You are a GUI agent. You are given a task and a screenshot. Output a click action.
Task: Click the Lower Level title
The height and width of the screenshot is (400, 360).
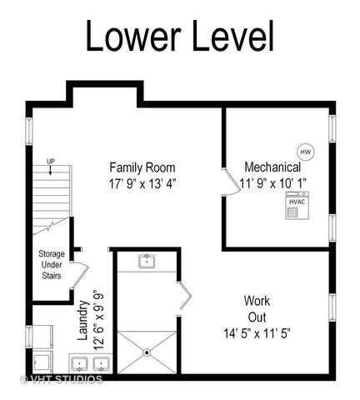coord(180,36)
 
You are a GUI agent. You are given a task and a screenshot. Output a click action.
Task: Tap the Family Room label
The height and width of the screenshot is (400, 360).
coord(142,167)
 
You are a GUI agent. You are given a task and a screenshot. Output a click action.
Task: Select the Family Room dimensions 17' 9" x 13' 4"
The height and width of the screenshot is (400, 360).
coord(142,184)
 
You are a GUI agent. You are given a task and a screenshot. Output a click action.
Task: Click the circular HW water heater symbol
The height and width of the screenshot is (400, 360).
coord(306,152)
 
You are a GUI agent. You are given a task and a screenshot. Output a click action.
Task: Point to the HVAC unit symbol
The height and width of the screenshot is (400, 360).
coord(297,206)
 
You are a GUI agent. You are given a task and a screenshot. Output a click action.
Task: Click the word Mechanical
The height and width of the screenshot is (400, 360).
coord(272,167)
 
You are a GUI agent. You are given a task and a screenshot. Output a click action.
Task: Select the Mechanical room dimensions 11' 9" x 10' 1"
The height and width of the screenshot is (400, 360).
coord(273,183)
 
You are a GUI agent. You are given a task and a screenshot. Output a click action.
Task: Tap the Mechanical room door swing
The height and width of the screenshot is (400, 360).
coord(232,182)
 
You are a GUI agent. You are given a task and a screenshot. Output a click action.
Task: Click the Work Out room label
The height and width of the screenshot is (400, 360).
coord(257,309)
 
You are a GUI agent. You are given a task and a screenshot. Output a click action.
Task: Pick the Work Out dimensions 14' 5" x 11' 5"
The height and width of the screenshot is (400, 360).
coord(257,333)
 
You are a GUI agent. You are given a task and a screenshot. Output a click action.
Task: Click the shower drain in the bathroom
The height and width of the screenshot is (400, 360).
coord(147,352)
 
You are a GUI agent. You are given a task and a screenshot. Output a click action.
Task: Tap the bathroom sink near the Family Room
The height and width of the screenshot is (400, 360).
coord(147,261)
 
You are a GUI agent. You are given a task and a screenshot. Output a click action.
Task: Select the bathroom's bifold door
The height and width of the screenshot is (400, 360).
coord(184,296)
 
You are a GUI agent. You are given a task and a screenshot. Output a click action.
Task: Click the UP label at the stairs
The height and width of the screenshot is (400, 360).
coord(50,162)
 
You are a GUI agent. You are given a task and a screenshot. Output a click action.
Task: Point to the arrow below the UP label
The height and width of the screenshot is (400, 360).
coord(50,170)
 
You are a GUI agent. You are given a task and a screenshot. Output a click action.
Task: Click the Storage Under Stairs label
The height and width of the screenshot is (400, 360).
coord(52,264)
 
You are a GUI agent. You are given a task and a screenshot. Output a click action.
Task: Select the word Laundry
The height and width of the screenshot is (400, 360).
coord(82,320)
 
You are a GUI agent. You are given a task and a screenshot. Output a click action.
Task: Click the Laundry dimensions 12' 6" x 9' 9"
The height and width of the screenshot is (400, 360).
coord(98,320)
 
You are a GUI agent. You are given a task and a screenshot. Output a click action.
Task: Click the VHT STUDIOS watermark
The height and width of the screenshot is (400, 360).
coord(62,379)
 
